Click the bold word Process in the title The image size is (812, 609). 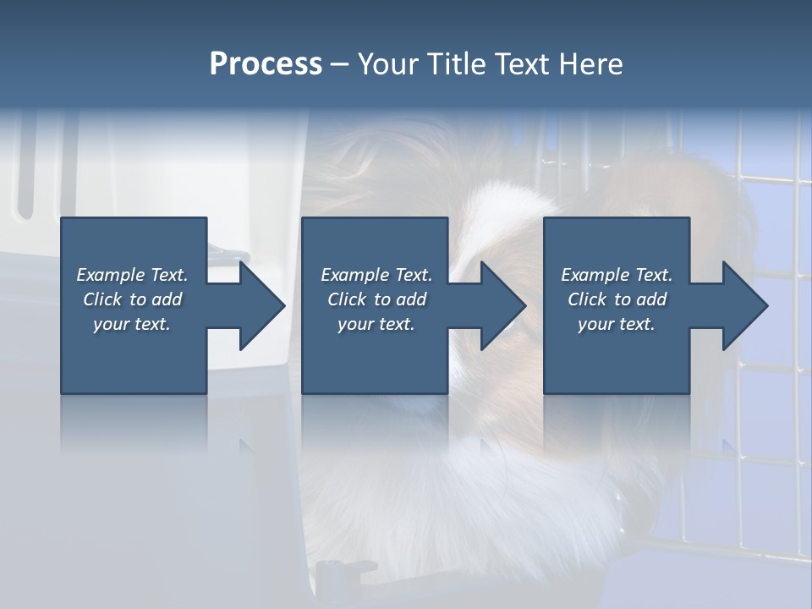pos(266,63)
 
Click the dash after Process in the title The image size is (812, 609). pos(340,64)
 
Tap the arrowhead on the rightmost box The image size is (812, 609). pos(744,305)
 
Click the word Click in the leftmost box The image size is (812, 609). pos(101,299)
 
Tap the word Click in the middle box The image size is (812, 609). pos(346,299)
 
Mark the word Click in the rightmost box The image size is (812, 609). pos(586,299)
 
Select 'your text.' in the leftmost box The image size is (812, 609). pos(132,324)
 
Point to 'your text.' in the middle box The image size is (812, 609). pos(376,324)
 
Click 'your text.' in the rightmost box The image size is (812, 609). pos(616,324)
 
